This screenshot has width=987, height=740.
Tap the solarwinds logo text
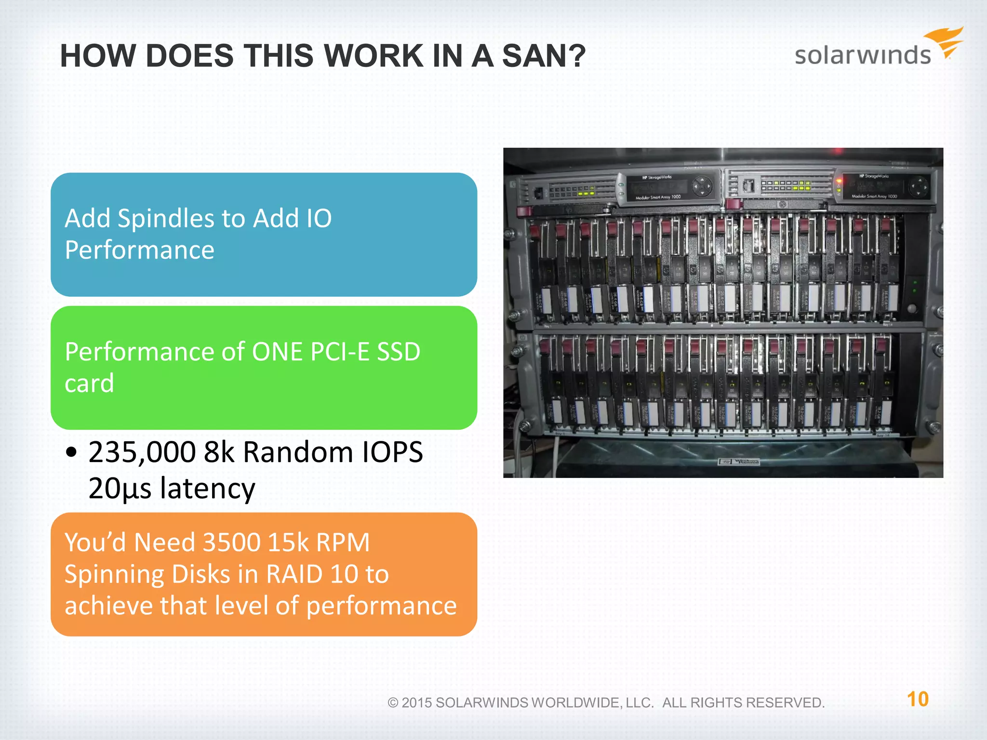(863, 55)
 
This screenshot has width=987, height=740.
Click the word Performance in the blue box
(139, 250)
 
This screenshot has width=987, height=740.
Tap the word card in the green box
(89, 383)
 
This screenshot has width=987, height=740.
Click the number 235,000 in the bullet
(142, 453)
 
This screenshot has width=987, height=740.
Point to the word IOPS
(392, 452)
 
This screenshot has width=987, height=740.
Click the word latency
(207, 489)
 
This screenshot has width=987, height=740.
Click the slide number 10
(918, 700)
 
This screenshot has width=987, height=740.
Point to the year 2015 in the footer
(417, 703)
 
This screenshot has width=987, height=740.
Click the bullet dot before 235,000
(72, 453)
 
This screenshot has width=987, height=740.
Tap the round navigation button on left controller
(702, 186)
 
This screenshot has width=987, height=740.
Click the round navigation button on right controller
(919, 186)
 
